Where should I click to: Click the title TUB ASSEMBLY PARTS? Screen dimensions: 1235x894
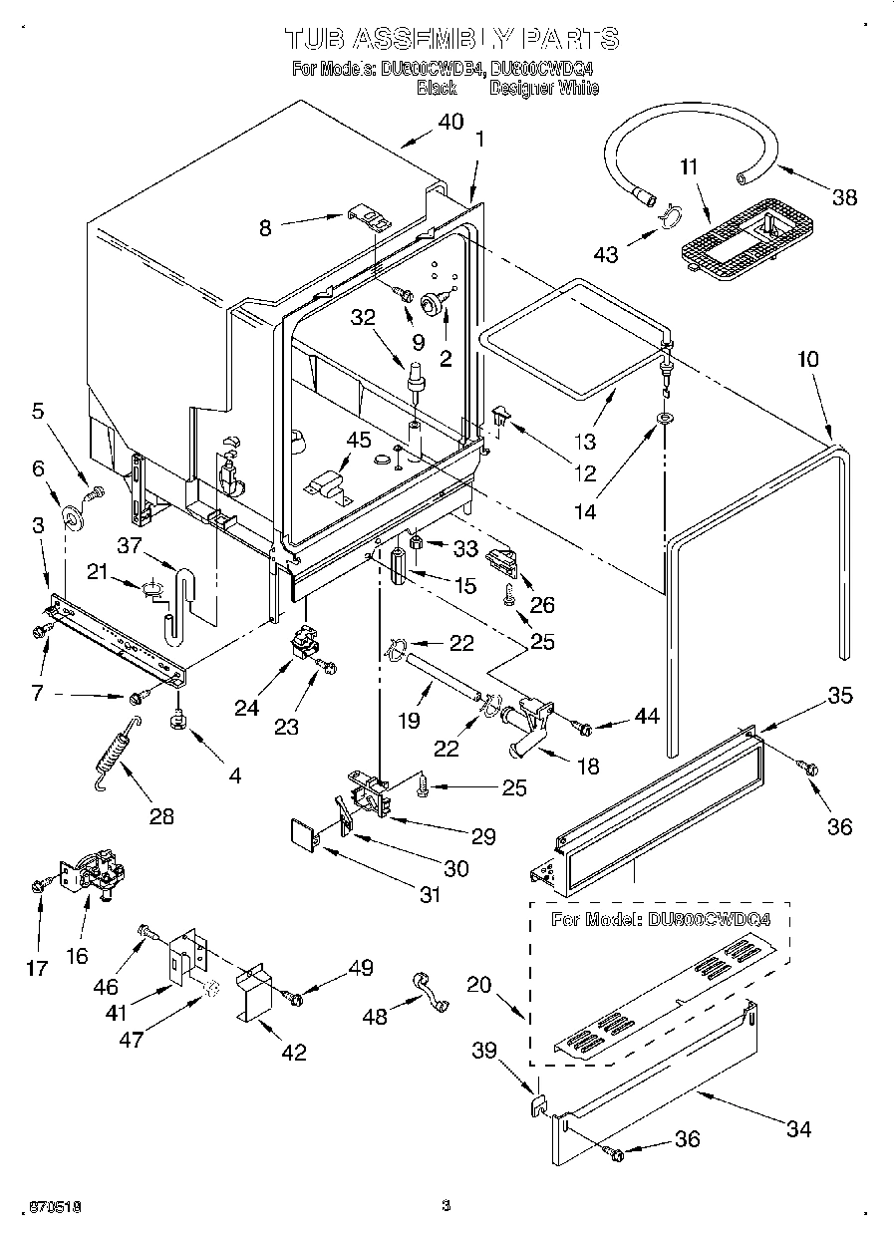pos(451,38)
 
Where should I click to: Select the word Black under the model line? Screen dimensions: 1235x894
pos(436,88)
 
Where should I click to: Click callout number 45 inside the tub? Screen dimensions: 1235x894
pos(357,440)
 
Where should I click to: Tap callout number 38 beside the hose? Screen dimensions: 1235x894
pos(844,196)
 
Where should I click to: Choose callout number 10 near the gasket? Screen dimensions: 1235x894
pos(807,359)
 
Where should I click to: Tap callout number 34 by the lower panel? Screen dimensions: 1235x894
pos(797,1128)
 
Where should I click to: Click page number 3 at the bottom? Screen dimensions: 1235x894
pos(446,1206)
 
